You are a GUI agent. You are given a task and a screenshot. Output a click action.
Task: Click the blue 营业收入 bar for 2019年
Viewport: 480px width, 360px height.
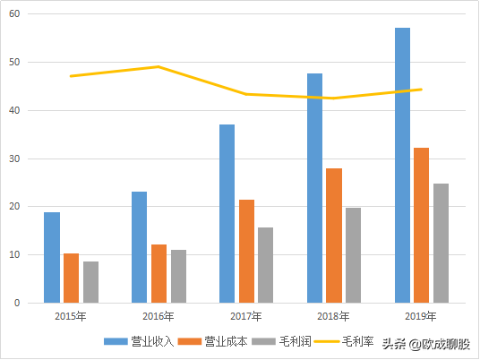tap(402, 166)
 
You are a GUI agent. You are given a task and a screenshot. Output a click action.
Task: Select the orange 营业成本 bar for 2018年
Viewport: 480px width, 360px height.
tap(334, 236)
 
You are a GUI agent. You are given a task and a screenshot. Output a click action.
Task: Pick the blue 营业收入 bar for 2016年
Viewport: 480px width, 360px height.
tap(139, 247)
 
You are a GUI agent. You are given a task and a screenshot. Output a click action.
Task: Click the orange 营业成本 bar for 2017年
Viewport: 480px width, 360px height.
tap(246, 252)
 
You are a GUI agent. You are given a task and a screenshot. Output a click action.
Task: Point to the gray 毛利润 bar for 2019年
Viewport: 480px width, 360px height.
tap(441, 244)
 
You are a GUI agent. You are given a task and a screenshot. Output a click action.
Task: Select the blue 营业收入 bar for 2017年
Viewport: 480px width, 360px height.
tap(227, 214)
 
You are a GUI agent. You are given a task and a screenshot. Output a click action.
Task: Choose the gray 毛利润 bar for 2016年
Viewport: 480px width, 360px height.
tap(178, 277)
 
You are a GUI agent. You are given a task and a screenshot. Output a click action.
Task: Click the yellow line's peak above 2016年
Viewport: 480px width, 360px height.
tap(159, 66)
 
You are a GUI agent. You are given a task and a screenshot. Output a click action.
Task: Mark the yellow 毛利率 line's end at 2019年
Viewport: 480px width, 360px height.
tap(421, 89)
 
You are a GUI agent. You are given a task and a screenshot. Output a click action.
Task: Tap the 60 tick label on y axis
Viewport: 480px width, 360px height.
tap(15, 14)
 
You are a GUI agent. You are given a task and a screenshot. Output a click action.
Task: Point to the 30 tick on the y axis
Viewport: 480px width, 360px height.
tap(15, 159)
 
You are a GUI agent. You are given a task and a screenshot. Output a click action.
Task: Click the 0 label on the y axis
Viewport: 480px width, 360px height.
tap(18, 303)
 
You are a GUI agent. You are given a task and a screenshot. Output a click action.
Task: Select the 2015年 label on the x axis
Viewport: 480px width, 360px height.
tap(71, 316)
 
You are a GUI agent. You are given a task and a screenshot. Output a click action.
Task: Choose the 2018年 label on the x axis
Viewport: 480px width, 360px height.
tap(333, 316)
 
